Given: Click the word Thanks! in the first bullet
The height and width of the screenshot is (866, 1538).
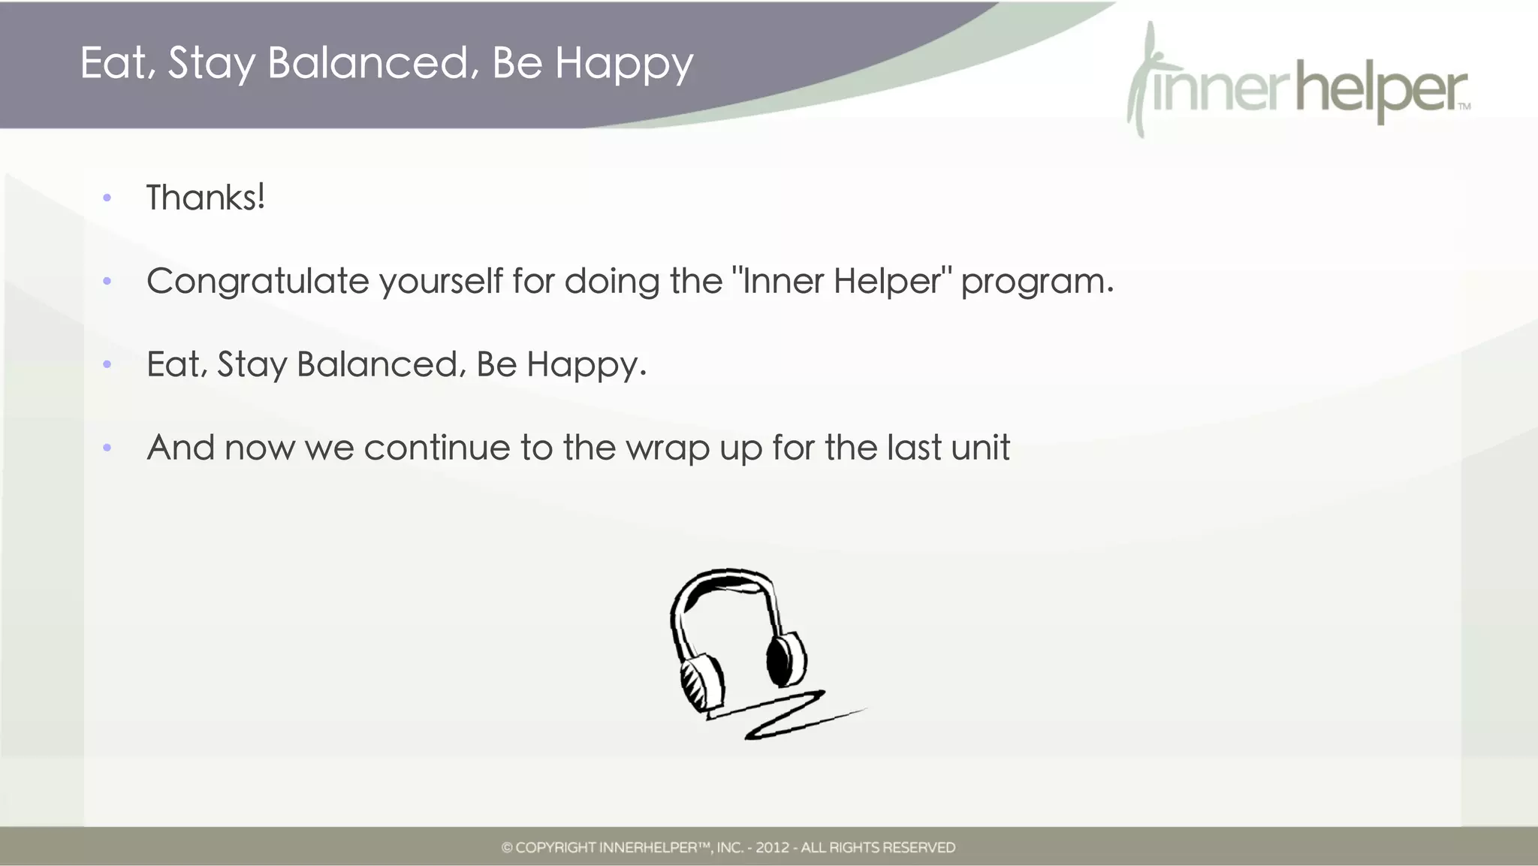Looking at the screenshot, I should point(205,198).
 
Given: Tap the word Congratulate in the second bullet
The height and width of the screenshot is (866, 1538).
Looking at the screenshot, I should point(258,282).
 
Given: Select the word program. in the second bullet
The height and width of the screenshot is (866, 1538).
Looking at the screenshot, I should point(1037,282).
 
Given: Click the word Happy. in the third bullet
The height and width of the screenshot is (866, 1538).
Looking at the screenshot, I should point(586,366).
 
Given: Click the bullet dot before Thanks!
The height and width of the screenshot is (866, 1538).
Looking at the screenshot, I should point(107,198).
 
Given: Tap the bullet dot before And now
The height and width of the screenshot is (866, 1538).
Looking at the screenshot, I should point(107,448).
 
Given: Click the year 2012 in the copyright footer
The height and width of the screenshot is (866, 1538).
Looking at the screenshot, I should point(772,848).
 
